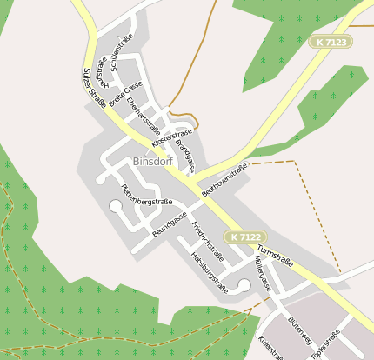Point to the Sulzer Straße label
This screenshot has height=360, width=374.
point(94,89)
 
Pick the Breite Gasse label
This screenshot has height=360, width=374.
point(125,94)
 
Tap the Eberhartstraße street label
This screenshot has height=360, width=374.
point(137,114)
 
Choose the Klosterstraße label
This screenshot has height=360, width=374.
point(170,137)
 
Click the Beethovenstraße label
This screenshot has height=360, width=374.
point(224,178)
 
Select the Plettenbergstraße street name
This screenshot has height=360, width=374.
point(145,196)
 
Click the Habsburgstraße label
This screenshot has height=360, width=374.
point(209,276)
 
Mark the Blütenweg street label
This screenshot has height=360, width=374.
point(298,331)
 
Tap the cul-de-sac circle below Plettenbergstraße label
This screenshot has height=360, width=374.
point(116,206)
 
